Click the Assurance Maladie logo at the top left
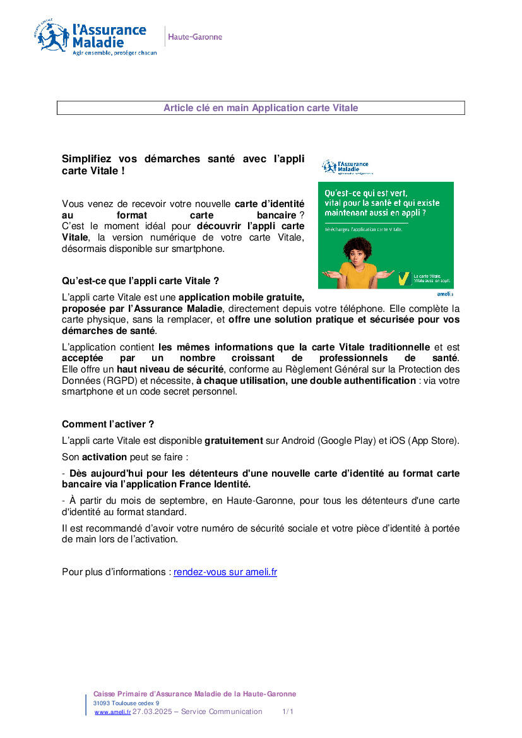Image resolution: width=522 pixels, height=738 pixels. point(95,39)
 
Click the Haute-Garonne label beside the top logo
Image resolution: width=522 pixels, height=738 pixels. point(195,37)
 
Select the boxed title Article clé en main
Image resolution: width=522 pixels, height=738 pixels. point(261,108)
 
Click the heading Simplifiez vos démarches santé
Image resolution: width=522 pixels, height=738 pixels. point(183,165)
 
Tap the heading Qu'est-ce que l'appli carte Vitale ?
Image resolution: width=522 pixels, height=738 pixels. point(140,280)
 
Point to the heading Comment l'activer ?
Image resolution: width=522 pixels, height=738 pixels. point(108,424)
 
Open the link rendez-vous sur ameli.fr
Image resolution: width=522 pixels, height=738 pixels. point(225,572)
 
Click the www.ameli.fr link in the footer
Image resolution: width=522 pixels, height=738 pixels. point(112,712)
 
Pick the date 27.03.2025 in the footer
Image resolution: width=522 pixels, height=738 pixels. point(151,711)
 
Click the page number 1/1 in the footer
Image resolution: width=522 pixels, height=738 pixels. point(288,711)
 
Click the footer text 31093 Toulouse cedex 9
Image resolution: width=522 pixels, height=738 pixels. point(126,703)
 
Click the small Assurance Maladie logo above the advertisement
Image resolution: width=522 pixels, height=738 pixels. point(347,167)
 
